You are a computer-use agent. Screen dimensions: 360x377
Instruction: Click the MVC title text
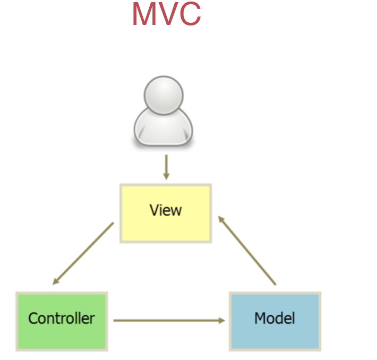(166, 15)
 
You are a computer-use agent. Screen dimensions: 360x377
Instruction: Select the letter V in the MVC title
(167, 15)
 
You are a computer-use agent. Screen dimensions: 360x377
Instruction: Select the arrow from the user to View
(166, 166)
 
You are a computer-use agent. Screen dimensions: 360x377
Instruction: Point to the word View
(166, 210)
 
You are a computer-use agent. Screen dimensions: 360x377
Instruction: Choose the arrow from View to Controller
(83, 253)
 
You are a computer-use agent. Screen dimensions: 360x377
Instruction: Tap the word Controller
(62, 319)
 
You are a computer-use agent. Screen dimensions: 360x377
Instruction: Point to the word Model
(275, 319)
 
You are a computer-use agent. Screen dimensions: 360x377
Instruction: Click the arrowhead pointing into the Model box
(222, 320)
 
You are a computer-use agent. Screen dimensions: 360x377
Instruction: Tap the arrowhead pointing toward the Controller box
(56, 281)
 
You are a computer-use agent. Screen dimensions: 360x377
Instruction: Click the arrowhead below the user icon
(166, 176)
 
